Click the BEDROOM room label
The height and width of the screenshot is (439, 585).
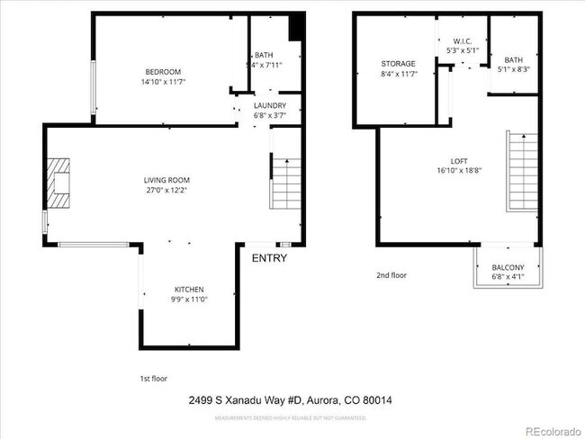tap(164, 72)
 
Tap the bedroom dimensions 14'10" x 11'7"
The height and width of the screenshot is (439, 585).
tap(164, 82)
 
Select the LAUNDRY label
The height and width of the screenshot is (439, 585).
tap(270, 105)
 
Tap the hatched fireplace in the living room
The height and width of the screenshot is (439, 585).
tap(58, 184)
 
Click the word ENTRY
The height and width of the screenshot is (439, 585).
tap(269, 258)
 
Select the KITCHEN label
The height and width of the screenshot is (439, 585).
tap(189, 289)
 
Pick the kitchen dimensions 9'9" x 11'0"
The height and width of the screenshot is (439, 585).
tap(189, 299)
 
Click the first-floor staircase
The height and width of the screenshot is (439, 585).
tap(284, 182)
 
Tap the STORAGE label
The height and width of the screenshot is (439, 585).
tap(398, 64)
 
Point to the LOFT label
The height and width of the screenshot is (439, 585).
tap(459, 160)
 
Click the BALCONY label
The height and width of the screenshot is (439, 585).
tap(508, 267)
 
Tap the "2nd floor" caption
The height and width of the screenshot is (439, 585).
tap(391, 275)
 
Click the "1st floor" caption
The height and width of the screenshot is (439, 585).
tap(153, 379)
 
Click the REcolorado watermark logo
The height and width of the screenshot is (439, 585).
tap(553, 429)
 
